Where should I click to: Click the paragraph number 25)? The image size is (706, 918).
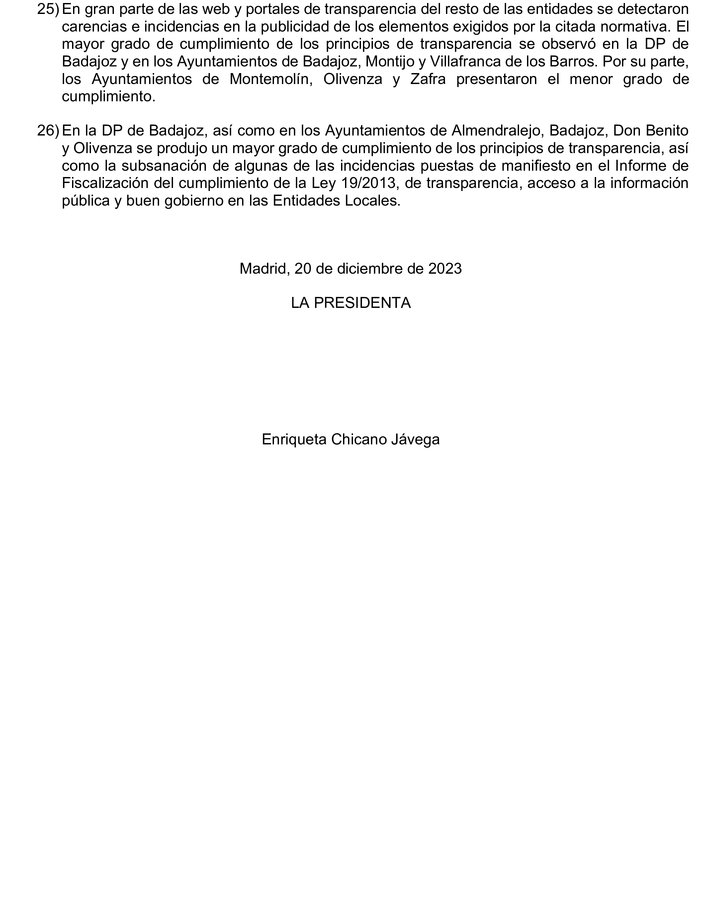48,9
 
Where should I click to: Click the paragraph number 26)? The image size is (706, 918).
48,131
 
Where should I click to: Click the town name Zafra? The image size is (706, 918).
427,79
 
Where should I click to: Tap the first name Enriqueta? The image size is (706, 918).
294,439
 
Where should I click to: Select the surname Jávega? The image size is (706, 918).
416,439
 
